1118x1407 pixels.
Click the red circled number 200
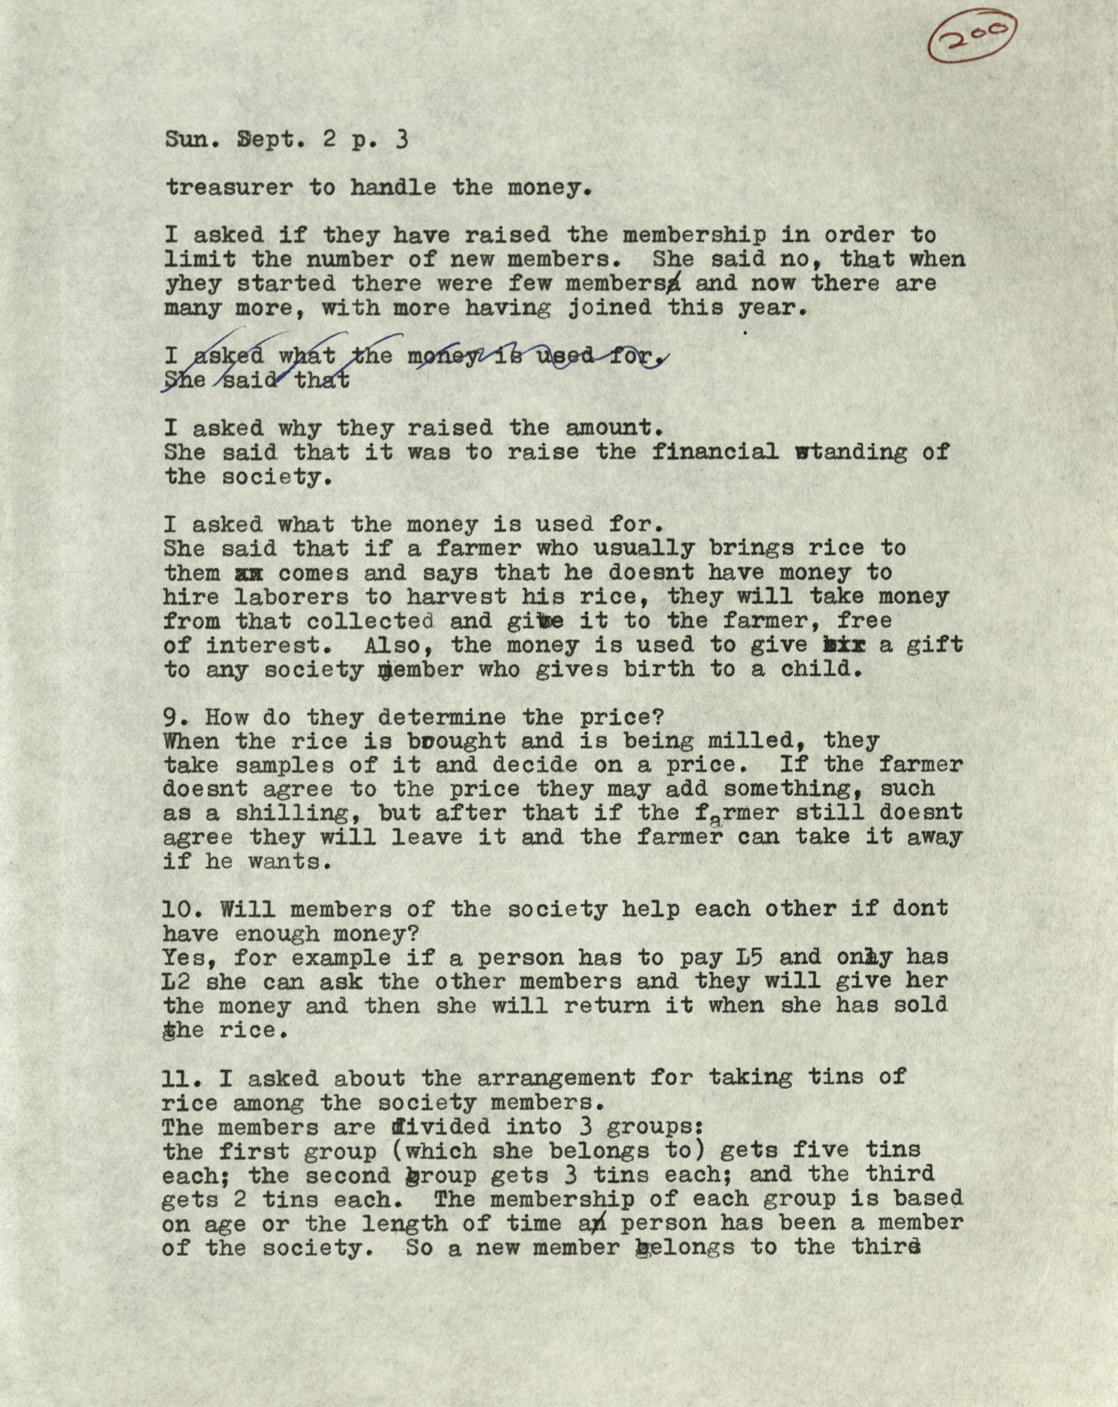(x=970, y=41)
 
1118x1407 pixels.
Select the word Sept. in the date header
(x=272, y=139)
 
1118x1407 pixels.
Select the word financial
(x=715, y=452)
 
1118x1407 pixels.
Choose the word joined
(x=609, y=308)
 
